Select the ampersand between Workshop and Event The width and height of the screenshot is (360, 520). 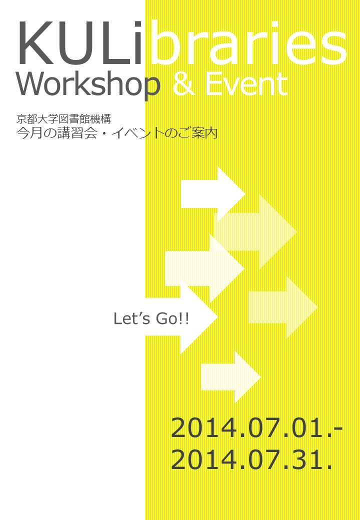(183, 84)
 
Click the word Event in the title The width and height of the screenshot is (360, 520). (245, 84)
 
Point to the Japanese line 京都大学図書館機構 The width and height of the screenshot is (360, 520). (63, 118)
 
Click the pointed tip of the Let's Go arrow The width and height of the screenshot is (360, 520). (217, 316)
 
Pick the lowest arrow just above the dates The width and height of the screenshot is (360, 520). (230, 377)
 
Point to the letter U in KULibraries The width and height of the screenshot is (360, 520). (74, 43)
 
